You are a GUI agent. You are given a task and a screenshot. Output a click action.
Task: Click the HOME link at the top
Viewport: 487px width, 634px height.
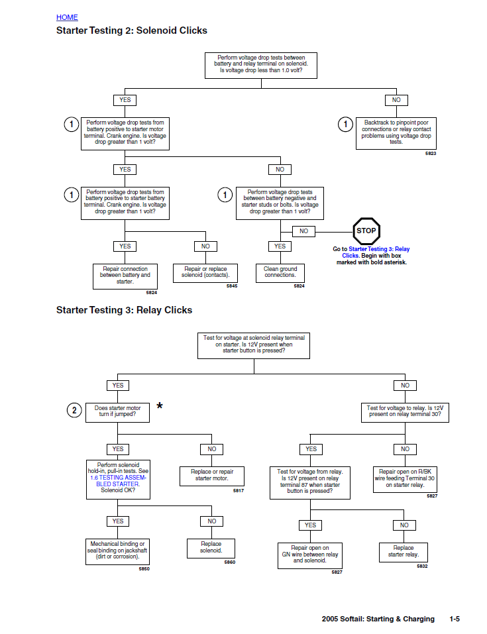point(67,17)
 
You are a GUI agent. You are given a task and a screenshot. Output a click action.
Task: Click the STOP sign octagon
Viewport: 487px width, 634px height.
point(366,231)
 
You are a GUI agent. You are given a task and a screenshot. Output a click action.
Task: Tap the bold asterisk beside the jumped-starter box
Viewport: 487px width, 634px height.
point(160,407)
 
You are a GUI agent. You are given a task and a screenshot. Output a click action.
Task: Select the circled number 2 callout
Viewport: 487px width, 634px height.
point(74,411)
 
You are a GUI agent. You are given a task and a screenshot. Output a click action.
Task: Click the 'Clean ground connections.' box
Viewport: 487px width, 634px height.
point(280,272)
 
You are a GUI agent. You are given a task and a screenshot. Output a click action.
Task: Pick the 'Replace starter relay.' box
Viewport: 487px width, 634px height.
point(404,551)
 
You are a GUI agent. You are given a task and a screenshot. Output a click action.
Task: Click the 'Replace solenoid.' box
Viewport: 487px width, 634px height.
point(211,547)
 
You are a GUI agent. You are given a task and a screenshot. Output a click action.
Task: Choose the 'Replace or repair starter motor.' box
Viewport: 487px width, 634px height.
point(212,476)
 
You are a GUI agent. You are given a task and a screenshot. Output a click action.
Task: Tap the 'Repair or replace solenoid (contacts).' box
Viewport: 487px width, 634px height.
point(205,272)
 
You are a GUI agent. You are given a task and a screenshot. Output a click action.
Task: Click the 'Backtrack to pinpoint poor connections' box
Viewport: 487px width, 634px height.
point(396,132)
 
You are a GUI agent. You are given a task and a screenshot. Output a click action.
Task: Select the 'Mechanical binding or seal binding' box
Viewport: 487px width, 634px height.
point(117,551)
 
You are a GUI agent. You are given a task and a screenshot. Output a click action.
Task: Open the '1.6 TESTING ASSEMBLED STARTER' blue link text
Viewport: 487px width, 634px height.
point(118,480)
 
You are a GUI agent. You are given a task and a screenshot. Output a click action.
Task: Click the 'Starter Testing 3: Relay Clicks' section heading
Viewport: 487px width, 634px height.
point(124,310)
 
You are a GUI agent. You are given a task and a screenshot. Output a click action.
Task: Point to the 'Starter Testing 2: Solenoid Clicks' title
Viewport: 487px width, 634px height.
point(132,30)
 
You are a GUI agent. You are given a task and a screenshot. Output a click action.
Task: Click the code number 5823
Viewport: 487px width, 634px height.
point(431,154)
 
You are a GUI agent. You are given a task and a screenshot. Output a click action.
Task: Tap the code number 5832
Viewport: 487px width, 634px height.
point(422,566)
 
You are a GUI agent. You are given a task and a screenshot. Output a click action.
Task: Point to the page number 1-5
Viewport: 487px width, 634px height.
point(455,619)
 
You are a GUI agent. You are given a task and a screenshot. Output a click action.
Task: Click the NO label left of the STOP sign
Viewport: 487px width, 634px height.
point(303,231)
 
